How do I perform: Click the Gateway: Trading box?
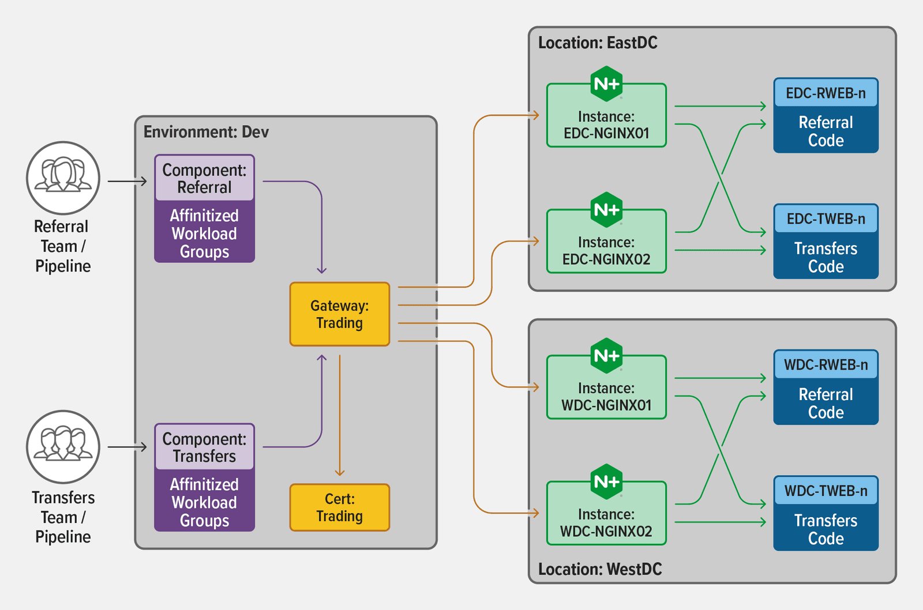[339, 314]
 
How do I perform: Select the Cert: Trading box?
[339, 507]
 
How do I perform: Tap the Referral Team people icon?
[63, 178]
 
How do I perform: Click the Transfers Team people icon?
[63, 446]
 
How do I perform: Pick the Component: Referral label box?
[204, 178]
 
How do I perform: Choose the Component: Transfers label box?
[204, 447]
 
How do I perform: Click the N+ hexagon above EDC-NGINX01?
[606, 84]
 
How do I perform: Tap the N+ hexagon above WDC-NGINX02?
[606, 481]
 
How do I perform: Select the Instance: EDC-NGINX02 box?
[606, 249]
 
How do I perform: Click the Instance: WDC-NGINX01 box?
[606, 395]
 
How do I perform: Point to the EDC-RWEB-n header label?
[826, 93]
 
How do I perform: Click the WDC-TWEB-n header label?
[826, 491]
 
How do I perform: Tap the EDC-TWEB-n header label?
[826, 219]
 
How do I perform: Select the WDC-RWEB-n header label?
[826, 365]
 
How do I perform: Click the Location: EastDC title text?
[598, 43]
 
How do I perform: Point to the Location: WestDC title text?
[600, 569]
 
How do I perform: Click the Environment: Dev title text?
[206, 132]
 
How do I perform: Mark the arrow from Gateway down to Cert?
[340, 415]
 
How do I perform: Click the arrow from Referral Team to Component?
[127, 182]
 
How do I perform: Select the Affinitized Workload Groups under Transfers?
[204, 502]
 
